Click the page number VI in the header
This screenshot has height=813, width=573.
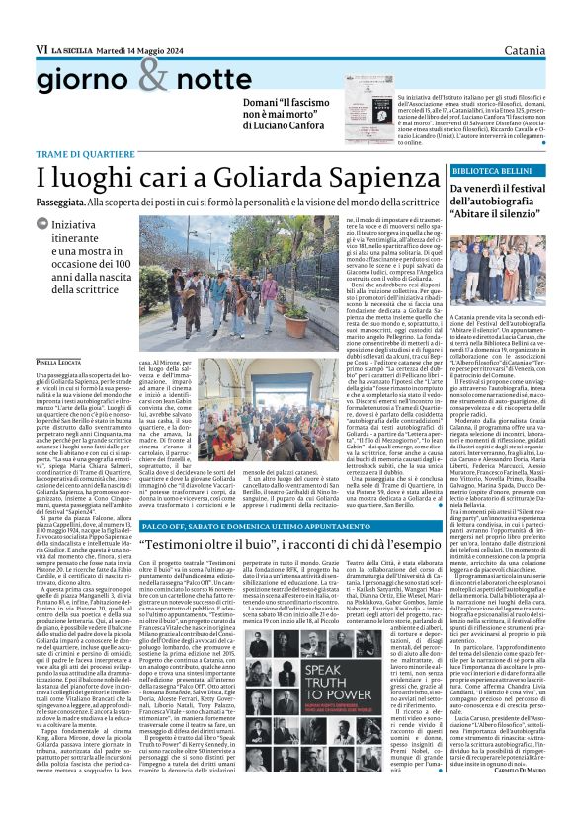[x=15, y=20]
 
